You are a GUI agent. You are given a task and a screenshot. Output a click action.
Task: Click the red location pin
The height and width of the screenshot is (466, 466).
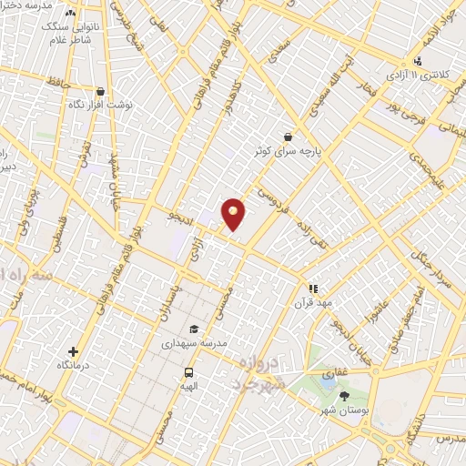(234, 213)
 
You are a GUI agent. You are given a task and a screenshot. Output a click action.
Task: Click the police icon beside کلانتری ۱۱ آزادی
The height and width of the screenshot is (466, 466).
(417, 61)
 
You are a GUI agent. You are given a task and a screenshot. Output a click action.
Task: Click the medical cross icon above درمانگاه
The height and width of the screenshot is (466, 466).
(74, 351)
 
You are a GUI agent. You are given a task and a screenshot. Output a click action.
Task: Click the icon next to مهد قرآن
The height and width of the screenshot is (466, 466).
(313, 289)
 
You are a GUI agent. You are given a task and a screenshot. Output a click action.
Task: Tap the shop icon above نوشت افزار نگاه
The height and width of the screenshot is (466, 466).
(99, 92)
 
